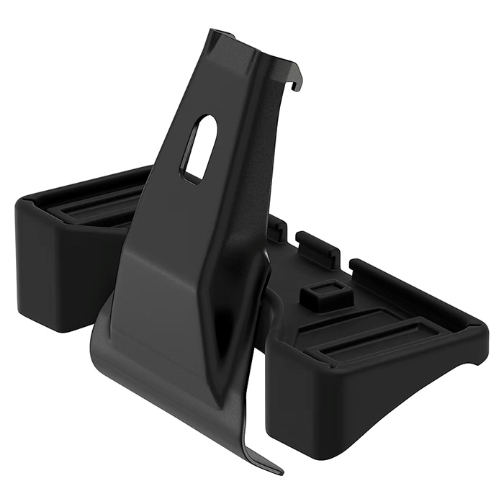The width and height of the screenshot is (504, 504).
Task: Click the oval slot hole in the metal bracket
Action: click(x=199, y=148)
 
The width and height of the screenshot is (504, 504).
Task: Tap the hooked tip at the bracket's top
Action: click(x=297, y=84)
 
